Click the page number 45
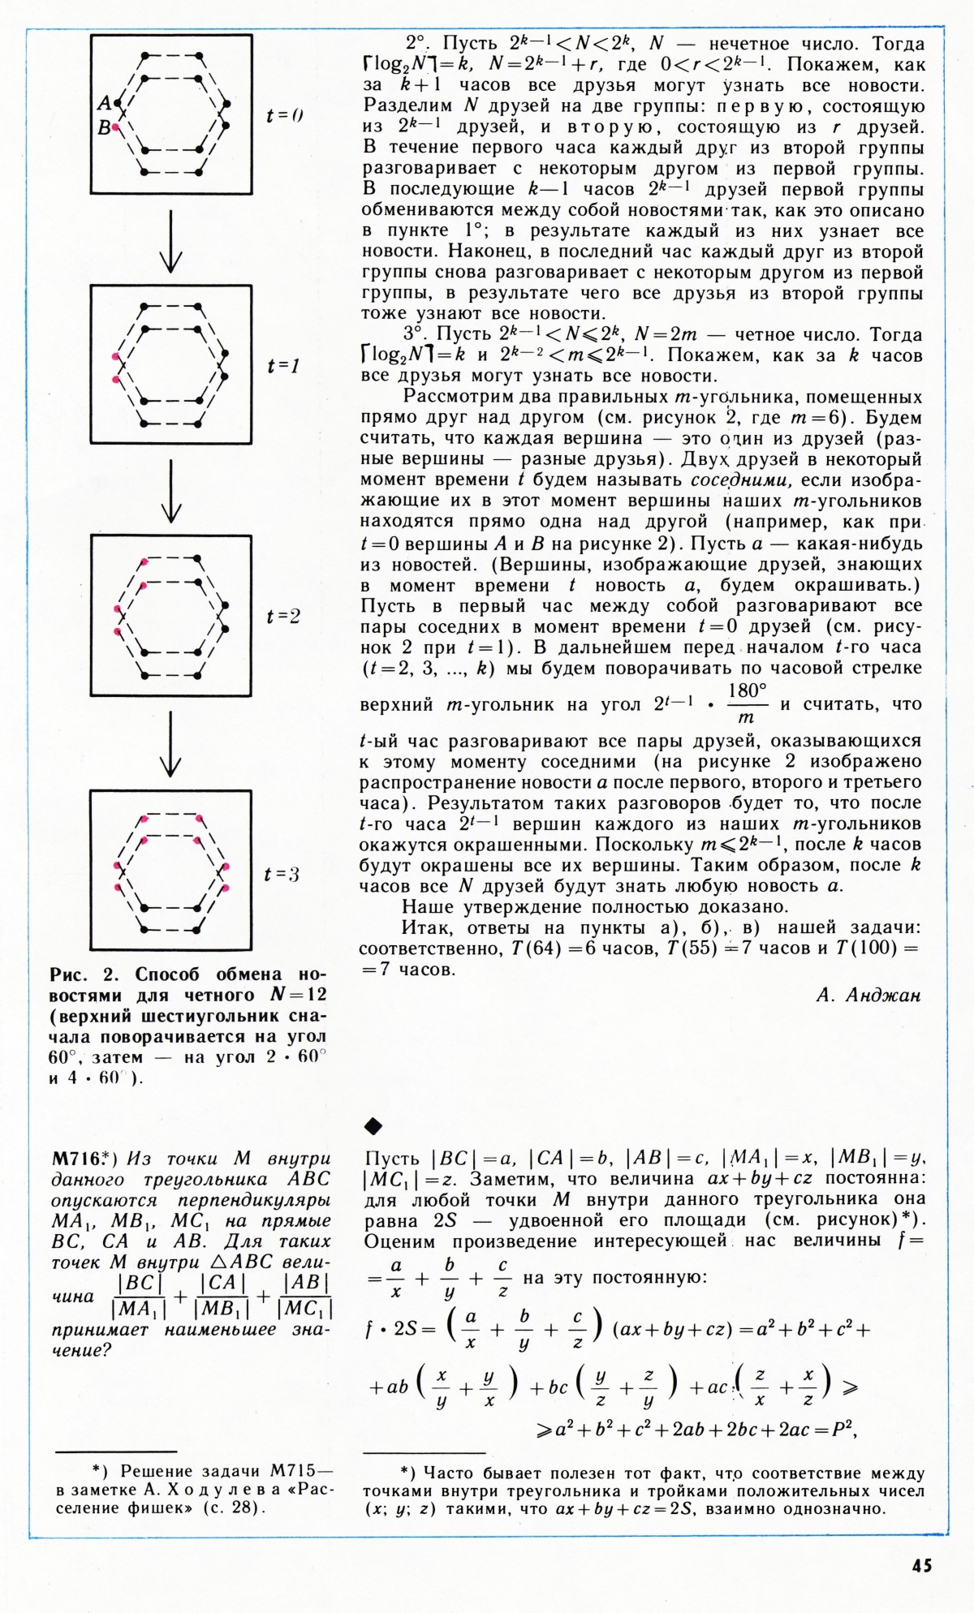point(921,1565)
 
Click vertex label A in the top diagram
point(104,103)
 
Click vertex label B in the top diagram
point(104,127)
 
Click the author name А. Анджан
point(868,996)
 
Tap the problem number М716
point(76,1158)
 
